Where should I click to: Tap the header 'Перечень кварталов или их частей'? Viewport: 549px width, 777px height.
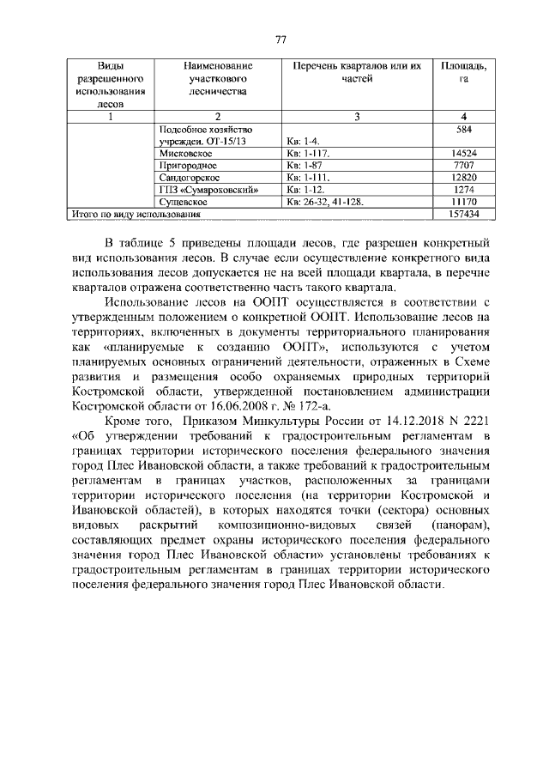357,73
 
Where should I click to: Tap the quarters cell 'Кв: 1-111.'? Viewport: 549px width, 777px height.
309,177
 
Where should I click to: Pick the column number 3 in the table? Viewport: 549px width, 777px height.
357,117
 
